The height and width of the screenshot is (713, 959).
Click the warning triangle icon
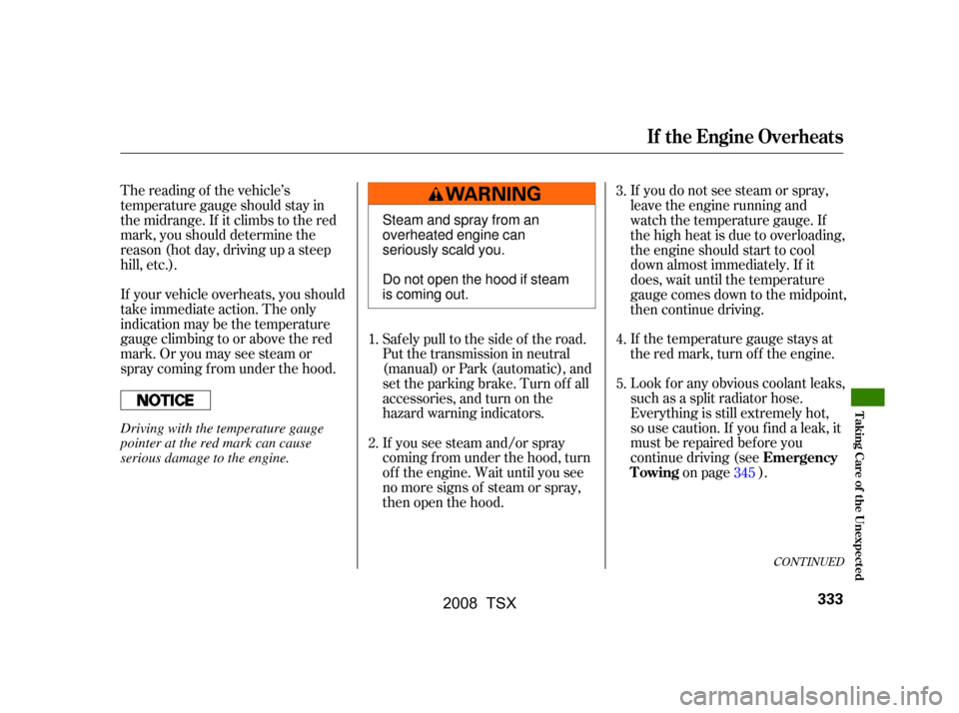(x=436, y=194)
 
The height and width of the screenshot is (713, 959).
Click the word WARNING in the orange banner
(x=493, y=194)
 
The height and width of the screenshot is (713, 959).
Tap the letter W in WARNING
(x=455, y=194)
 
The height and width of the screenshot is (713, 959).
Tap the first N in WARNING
(x=495, y=194)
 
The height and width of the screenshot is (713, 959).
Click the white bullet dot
(x=155, y=399)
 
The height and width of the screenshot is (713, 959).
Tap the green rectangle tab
(x=867, y=397)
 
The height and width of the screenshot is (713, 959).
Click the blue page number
(x=744, y=473)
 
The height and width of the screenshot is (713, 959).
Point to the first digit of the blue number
(x=736, y=473)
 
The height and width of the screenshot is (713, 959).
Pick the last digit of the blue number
(x=752, y=473)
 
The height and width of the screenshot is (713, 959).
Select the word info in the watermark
(x=920, y=691)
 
